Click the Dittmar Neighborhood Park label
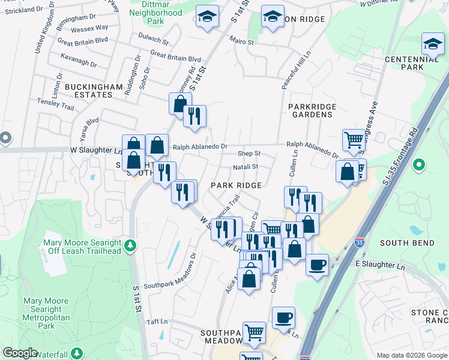pos(156,13)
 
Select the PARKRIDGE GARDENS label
pos(312,111)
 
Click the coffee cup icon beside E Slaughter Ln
pos(317,265)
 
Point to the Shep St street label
pos(249,154)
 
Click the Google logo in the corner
pos(20,352)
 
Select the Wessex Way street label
pos(89,28)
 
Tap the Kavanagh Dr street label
pos(79,63)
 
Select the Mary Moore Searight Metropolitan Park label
pos(46,313)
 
